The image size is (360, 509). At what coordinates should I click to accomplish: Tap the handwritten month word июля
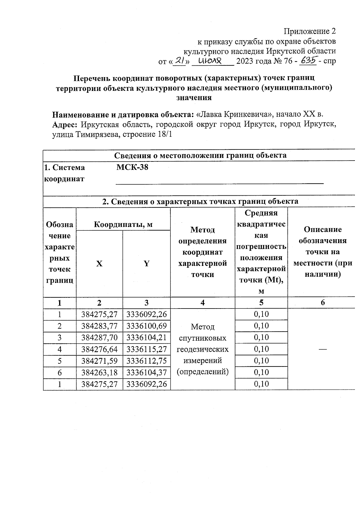click(210, 62)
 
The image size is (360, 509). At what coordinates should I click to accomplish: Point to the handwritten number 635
click(308, 61)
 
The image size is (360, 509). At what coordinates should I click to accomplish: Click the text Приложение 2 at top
click(310, 32)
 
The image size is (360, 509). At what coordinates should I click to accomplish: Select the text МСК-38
click(132, 167)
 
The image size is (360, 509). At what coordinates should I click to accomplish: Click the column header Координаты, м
click(123, 224)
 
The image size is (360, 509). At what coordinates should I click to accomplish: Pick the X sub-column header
click(99, 264)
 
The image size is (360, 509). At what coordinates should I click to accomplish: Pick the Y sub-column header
click(146, 264)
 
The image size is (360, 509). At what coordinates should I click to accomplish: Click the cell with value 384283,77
click(99, 326)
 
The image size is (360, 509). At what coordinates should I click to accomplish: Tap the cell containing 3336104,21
click(146, 338)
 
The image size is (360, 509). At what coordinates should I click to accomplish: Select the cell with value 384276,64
click(99, 349)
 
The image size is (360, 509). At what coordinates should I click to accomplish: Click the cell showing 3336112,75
click(146, 361)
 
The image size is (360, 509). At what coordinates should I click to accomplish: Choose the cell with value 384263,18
click(99, 372)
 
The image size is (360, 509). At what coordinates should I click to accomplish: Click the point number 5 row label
click(60, 361)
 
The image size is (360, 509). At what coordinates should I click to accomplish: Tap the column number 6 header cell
click(323, 303)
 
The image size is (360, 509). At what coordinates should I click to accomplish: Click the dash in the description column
click(323, 349)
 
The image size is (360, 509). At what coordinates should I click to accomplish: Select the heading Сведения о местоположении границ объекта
click(200, 155)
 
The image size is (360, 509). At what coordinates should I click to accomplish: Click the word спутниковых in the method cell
click(202, 338)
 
